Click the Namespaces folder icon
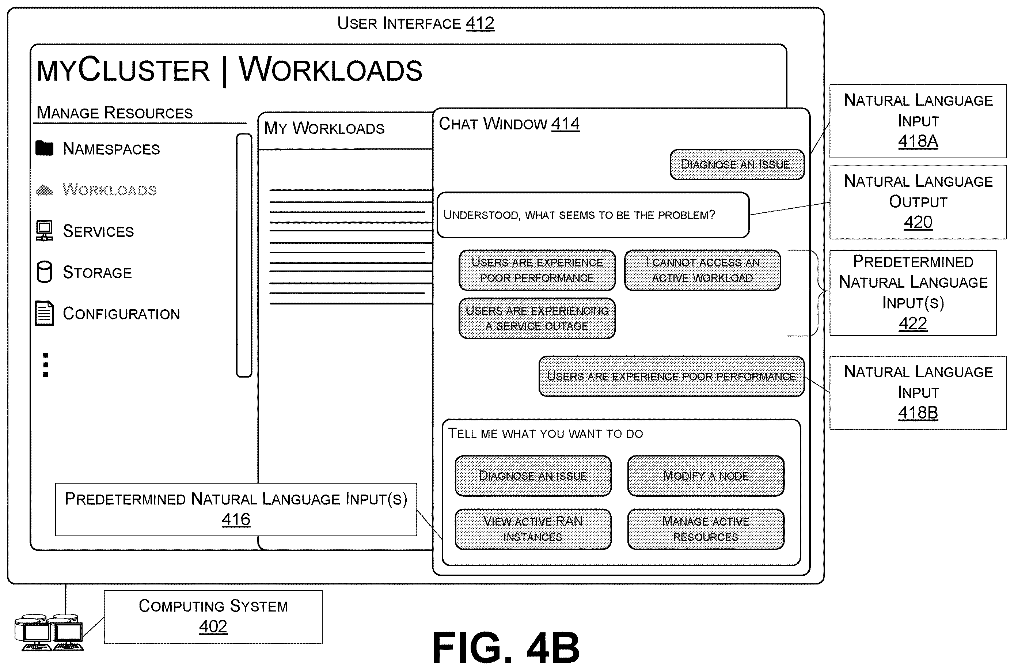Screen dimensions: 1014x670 45,148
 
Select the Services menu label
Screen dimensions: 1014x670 98,231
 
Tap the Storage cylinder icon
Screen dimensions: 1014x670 45,272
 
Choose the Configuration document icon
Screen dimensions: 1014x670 45,313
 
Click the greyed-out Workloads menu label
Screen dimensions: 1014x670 109,189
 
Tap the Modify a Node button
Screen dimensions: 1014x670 706,476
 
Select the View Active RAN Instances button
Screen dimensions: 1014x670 533,529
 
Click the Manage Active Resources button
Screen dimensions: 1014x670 706,529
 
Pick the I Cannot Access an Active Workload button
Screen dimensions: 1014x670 703,270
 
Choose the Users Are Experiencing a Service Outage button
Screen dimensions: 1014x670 537,318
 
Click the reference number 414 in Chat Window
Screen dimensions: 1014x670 566,124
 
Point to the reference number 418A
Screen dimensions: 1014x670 918,141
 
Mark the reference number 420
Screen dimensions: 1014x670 918,222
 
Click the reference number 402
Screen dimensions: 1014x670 213,627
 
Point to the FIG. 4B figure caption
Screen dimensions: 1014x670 506,647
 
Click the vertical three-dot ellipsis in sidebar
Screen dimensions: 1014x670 46,364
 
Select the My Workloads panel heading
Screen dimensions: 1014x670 324,128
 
